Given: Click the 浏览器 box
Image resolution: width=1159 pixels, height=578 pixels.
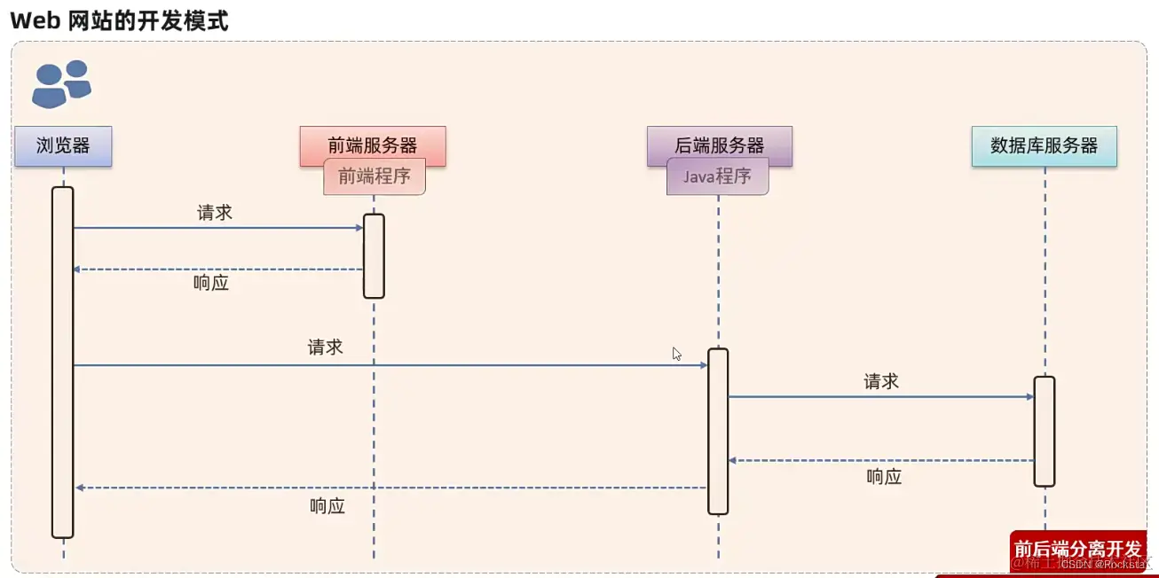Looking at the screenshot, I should (63, 146).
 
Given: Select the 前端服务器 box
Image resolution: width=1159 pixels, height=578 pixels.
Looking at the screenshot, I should (373, 144).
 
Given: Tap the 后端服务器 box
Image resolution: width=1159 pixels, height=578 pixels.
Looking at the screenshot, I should (719, 144).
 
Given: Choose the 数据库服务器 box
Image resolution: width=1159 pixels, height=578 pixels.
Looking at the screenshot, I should (1044, 146).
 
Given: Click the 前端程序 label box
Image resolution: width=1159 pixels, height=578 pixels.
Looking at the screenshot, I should (375, 176).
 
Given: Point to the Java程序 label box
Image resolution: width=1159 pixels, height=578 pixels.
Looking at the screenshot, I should (717, 176).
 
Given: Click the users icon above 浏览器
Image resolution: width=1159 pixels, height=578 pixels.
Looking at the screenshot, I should (61, 84).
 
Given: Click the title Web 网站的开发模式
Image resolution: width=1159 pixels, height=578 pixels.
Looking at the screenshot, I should (119, 20).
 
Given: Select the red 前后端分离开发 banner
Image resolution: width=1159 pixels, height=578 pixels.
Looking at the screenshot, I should (1077, 548).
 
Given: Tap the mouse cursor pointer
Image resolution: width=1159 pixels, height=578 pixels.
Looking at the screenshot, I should (676, 353).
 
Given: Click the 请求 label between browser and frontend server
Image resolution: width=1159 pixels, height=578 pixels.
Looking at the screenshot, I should (215, 213).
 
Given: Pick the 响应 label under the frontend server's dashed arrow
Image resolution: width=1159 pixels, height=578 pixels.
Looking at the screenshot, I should (211, 284).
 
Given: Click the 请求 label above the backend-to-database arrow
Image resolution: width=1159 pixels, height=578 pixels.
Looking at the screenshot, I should (881, 381).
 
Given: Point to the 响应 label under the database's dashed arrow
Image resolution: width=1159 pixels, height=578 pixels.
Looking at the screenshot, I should (884, 477).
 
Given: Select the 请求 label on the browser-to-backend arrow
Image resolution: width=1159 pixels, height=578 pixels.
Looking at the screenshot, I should (326, 347).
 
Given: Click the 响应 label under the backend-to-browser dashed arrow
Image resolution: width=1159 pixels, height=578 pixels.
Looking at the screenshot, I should (327, 506).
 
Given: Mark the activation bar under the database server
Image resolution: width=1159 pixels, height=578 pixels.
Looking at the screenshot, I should (1045, 431).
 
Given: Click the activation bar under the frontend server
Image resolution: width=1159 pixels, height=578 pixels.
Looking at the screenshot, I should (374, 255).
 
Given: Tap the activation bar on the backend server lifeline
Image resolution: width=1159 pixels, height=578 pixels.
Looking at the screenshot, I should (718, 431).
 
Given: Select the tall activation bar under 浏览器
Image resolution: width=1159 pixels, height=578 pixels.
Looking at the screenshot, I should (62, 362).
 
